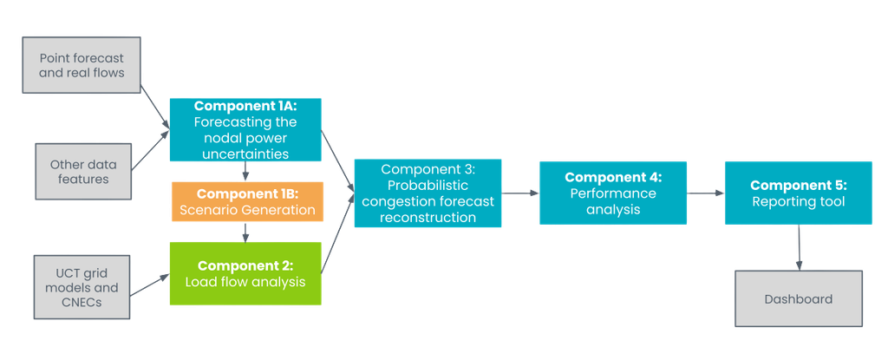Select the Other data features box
click(x=79, y=172)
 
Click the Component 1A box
click(x=245, y=130)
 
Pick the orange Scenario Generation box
click(x=247, y=201)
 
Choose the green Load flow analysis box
click(x=245, y=273)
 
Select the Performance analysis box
click(x=613, y=193)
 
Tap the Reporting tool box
click(x=798, y=193)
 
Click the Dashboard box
click(x=798, y=299)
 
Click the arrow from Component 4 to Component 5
click(x=706, y=193)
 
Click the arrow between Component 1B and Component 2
click(x=247, y=232)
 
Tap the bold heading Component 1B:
click(x=247, y=193)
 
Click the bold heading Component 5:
click(x=798, y=185)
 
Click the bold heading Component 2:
click(x=245, y=265)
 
